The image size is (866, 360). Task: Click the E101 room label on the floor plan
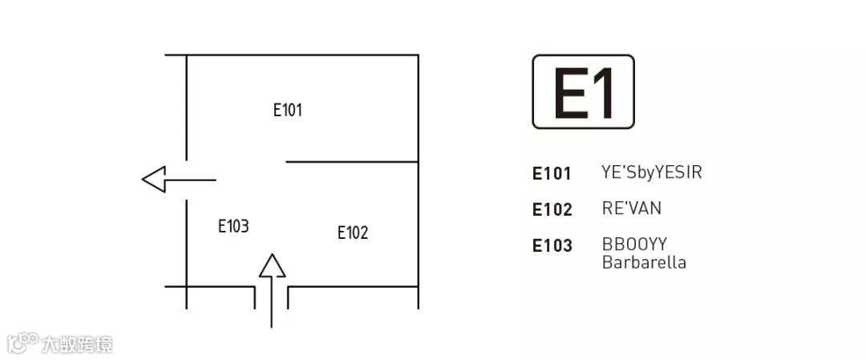point(288,110)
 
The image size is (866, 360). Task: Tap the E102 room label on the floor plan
point(353,233)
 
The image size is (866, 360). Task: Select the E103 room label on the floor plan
point(233,226)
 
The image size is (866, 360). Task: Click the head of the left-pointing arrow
point(153,180)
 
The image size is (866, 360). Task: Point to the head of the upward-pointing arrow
point(273,265)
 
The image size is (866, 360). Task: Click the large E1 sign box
point(583,91)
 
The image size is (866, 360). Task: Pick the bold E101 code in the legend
point(552,173)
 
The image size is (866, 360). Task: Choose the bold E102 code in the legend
point(552,209)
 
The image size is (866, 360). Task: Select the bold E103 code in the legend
point(552,245)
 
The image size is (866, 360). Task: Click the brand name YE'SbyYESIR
point(651,172)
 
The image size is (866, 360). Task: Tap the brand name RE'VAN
point(631,208)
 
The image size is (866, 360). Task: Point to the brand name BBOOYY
point(634,245)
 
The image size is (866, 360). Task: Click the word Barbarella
point(644,262)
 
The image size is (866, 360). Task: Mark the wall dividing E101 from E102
point(352,162)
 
